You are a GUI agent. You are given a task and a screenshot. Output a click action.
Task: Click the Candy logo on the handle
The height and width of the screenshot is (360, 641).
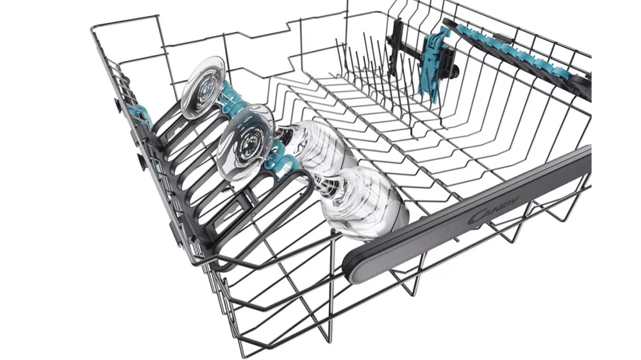tap(493, 209)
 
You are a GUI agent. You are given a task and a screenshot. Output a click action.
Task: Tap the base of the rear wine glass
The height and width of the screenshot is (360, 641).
tap(204, 88)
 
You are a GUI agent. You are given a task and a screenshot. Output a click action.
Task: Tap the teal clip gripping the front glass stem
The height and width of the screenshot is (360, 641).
tap(281, 159)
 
